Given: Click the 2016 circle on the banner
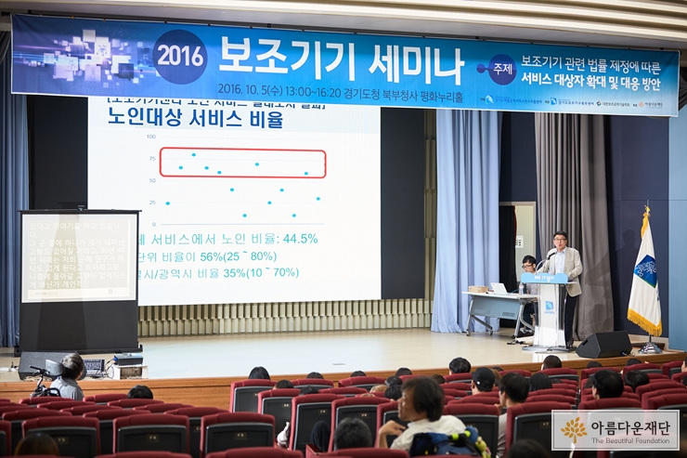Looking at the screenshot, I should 180,57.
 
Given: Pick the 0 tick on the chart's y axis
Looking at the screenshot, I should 153,224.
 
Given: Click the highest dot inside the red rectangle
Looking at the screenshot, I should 193,154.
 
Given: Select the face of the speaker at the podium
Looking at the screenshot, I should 560,239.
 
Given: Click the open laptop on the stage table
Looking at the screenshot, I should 499,289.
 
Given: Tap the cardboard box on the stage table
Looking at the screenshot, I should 479,289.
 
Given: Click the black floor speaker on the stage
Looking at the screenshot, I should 603,344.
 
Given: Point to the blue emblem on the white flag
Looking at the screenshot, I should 645,270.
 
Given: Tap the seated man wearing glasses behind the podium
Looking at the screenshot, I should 528,265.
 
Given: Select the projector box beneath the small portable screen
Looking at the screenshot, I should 128,360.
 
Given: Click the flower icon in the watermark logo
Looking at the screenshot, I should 574,430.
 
